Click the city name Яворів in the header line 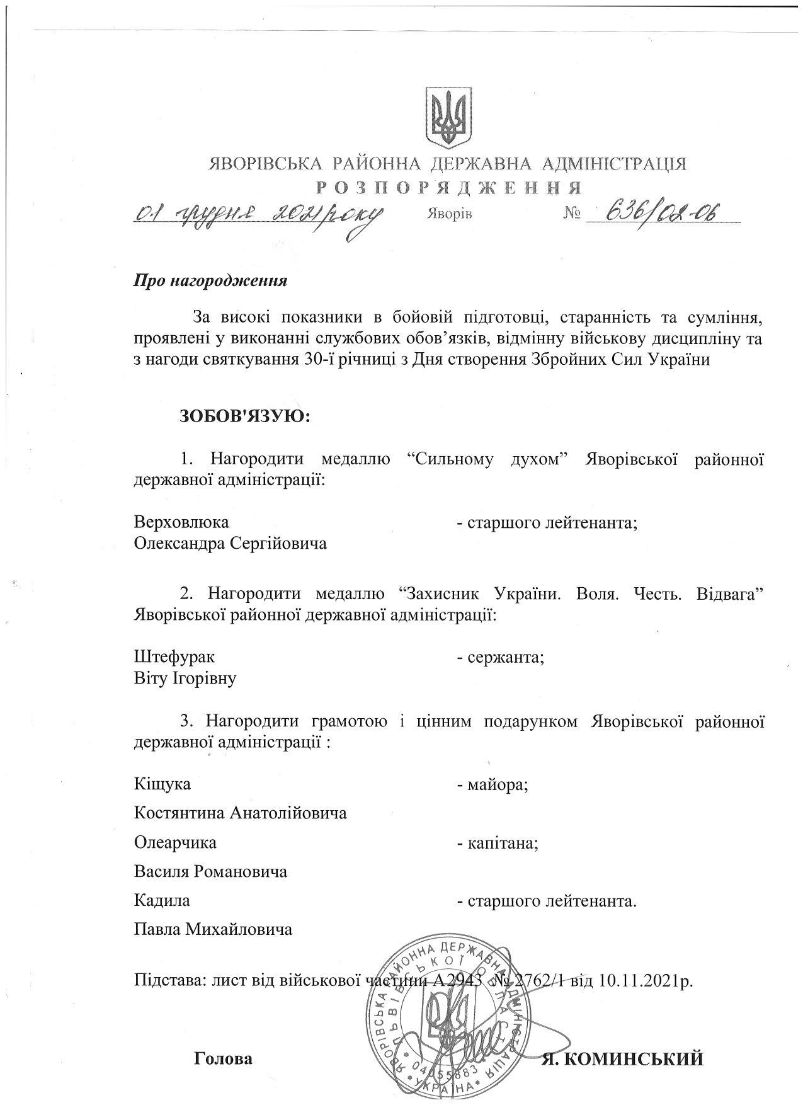[448, 214]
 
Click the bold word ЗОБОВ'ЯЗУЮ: [246, 416]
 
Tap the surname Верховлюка [181, 522]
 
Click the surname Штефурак [174, 656]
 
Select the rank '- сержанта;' [500, 657]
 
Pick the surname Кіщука [162, 784]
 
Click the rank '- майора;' [492, 785]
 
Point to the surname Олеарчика [175, 843]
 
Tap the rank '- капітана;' [498, 843]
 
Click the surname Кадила [162, 901]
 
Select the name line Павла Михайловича [213, 929]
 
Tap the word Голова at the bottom [224, 1059]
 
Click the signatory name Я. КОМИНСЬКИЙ [622, 1060]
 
